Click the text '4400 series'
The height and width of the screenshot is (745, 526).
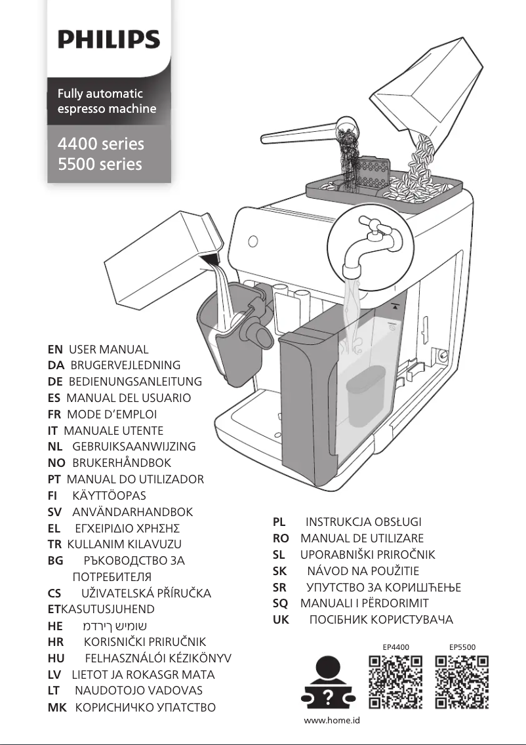(100, 144)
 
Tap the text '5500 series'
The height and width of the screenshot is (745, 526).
(100, 165)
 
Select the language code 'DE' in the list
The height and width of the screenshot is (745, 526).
(55, 382)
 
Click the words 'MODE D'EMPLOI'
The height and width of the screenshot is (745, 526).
(111, 414)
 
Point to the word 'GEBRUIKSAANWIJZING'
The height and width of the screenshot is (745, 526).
(134, 447)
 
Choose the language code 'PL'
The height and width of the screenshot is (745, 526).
(279, 523)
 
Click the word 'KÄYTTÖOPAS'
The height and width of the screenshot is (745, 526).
(109, 496)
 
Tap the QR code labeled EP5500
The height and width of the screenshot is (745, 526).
(462, 683)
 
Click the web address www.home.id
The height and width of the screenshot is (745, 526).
(332, 720)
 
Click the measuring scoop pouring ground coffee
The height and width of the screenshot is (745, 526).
(308, 131)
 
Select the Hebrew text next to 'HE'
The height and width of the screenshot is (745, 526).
(119, 626)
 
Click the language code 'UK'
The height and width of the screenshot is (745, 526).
(281, 619)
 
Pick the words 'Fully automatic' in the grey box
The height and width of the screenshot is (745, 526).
(100, 94)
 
